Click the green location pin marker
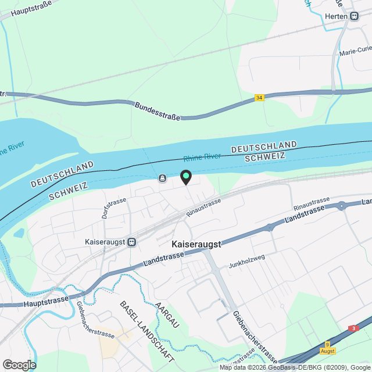[x=185, y=176]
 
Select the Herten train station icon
[x=354, y=16]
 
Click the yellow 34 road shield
[x=259, y=98]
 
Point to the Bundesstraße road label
[x=158, y=110]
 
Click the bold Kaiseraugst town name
[x=196, y=245]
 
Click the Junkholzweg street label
[x=246, y=259]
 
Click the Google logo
[x=19, y=364]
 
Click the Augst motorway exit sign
[x=327, y=348]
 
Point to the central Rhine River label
[x=202, y=157]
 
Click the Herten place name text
[x=335, y=16]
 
